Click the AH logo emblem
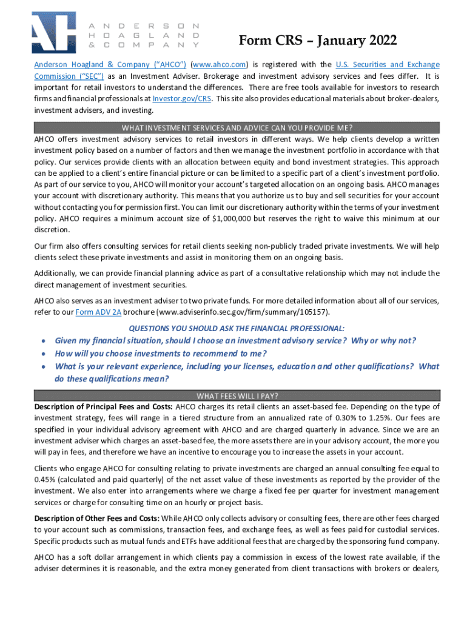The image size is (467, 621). (x=54, y=33)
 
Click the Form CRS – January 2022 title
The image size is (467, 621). (x=318, y=41)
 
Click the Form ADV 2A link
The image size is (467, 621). (x=98, y=312)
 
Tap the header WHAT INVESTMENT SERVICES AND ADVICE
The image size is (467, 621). (x=237, y=127)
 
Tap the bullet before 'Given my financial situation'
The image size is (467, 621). (x=44, y=341)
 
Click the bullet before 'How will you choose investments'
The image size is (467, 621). (x=44, y=354)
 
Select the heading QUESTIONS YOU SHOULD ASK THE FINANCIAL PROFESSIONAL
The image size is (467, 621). (x=237, y=327)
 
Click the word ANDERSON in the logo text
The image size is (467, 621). (x=144, y=27)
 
